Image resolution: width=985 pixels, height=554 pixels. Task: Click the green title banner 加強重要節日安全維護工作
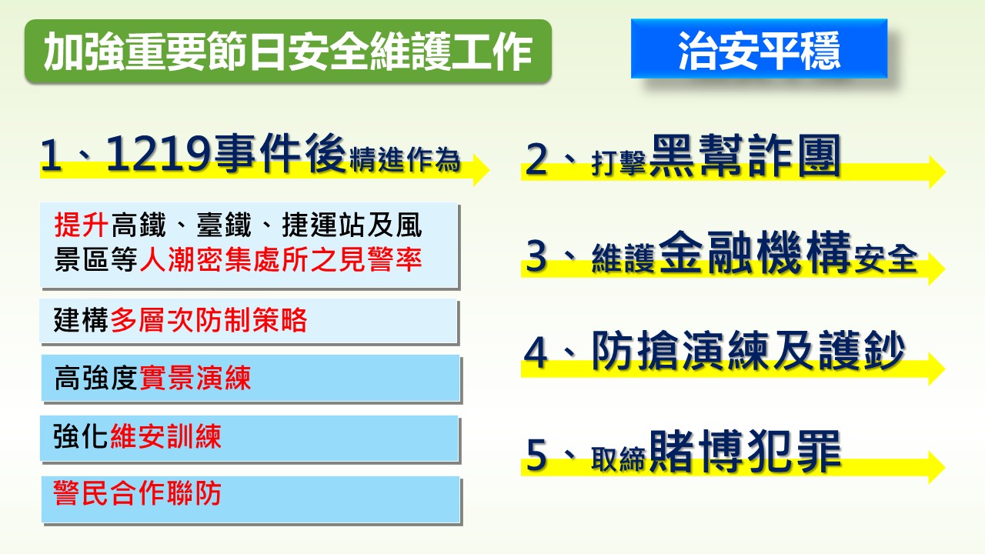point(288,51)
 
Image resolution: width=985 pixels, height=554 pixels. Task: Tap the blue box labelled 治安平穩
point(759,48)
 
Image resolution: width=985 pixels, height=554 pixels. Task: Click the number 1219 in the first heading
point(159,154)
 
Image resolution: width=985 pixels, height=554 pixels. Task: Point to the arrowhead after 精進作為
point(482,170)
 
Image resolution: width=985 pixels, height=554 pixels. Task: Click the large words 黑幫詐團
point(745,155)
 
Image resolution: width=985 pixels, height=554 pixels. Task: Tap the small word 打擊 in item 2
point(619,163)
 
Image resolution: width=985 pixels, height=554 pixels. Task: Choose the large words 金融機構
point(755,252)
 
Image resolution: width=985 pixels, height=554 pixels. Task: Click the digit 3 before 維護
point(536,256)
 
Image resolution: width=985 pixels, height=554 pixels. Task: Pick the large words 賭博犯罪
point(745,451)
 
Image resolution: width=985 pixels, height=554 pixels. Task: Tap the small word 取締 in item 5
point(618,459)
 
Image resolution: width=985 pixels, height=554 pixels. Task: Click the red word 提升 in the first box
point(81,225)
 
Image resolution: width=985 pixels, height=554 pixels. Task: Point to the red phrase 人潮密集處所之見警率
point(281,259)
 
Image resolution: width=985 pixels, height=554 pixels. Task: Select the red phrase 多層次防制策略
point(209,319)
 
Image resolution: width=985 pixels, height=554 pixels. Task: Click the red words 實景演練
point(195,378)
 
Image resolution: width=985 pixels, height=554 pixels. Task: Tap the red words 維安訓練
point(165,436)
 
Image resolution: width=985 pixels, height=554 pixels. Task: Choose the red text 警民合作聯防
point(137,493)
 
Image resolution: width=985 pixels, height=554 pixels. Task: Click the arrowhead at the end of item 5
point(937,467)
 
